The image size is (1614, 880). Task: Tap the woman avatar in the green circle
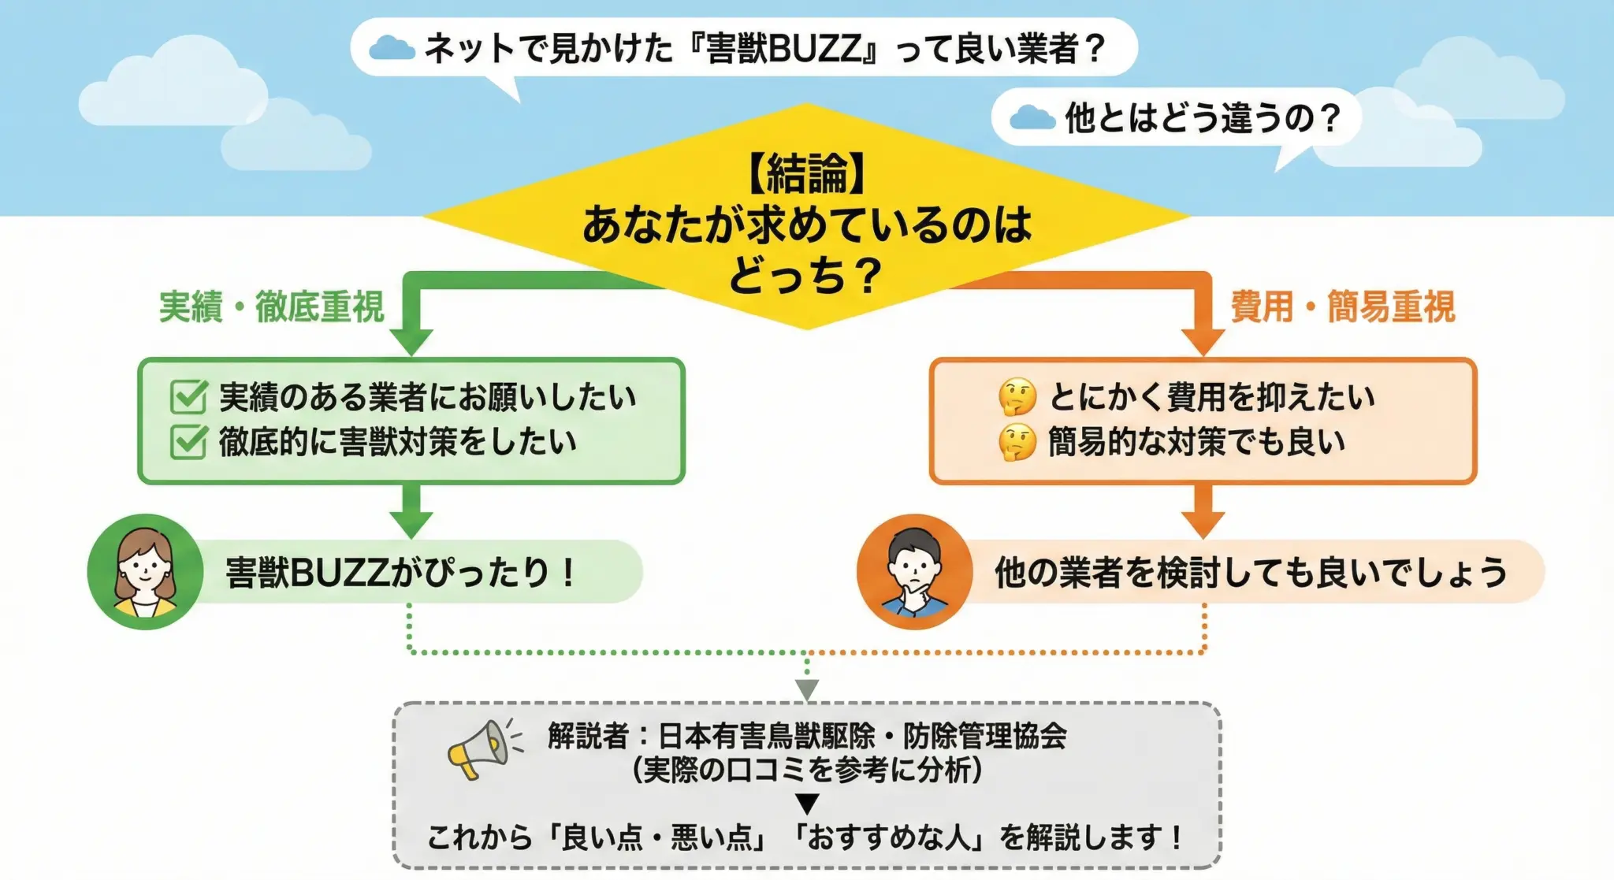[145, 572]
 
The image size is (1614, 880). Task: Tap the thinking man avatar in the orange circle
[914, 572]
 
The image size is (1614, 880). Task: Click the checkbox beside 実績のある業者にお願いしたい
[189, 396]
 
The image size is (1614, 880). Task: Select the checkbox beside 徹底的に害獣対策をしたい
[189, 441]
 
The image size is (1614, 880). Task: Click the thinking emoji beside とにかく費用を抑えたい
[1017, 396]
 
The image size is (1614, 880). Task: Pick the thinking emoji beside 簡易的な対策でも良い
[1017, 442]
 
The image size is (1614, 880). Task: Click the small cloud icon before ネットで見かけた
[392, 49]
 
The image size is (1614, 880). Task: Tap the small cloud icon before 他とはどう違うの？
[1032, 118]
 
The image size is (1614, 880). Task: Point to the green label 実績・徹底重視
[271, 306]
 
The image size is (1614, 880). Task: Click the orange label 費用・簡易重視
[1342, 306]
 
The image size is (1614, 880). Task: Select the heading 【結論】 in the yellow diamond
[806, 173]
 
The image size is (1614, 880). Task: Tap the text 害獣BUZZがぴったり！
[402, 572]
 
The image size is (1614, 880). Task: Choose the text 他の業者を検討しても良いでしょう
[1250, 572]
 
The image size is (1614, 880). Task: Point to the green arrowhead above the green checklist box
[411, 342]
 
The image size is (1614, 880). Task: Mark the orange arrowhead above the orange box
[1203, 342]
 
